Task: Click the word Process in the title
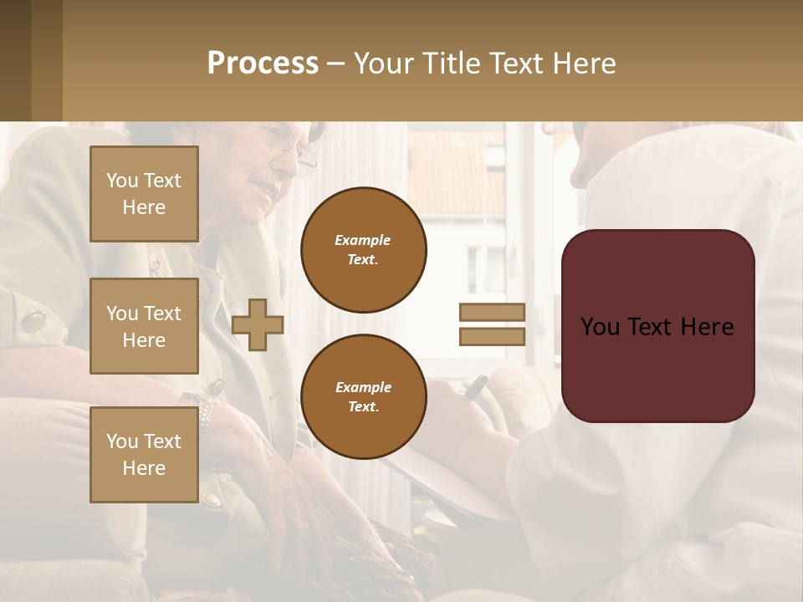pos(263,64)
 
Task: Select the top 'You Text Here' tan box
pos(144,194)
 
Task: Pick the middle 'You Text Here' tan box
pos(144,326)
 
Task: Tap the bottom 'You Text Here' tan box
pos(144,455)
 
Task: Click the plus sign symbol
pos(258,324)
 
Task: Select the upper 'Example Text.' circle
pos(364,250)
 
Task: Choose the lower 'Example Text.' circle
pos(364,396)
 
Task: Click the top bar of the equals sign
pos(493,312)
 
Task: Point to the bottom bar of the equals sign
pos(493,337)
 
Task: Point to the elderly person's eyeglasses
pos(301,154)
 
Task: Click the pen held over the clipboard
pos(474,386)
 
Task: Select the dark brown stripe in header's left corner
pos(15,60)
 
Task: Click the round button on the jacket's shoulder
pos(34,320)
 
